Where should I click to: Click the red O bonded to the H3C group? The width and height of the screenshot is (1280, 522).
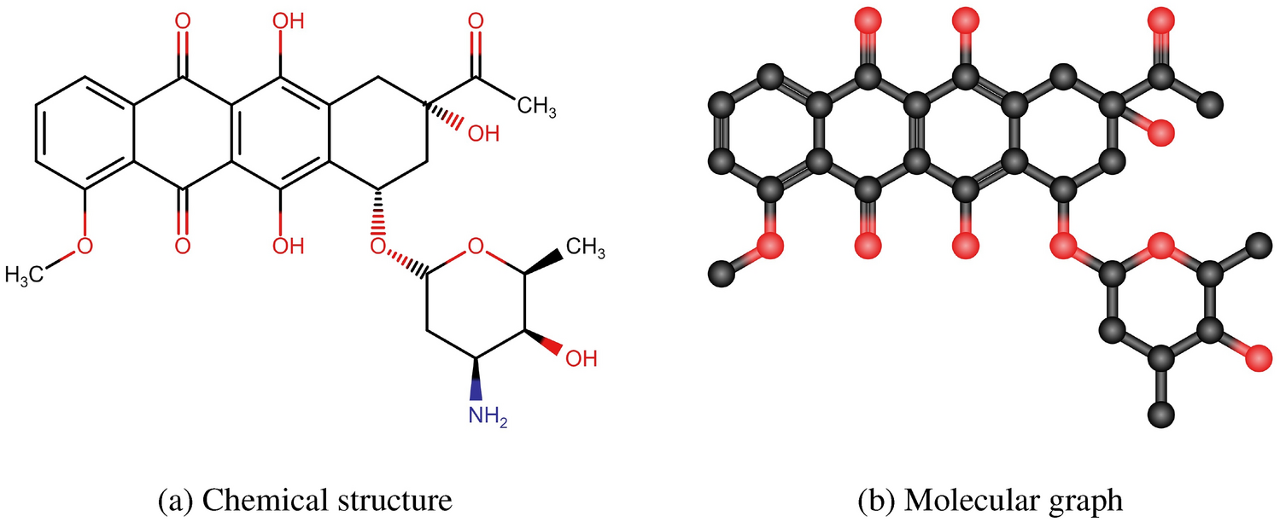pos(84,246)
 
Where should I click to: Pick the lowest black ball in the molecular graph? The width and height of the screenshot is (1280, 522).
pos(1160,415)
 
